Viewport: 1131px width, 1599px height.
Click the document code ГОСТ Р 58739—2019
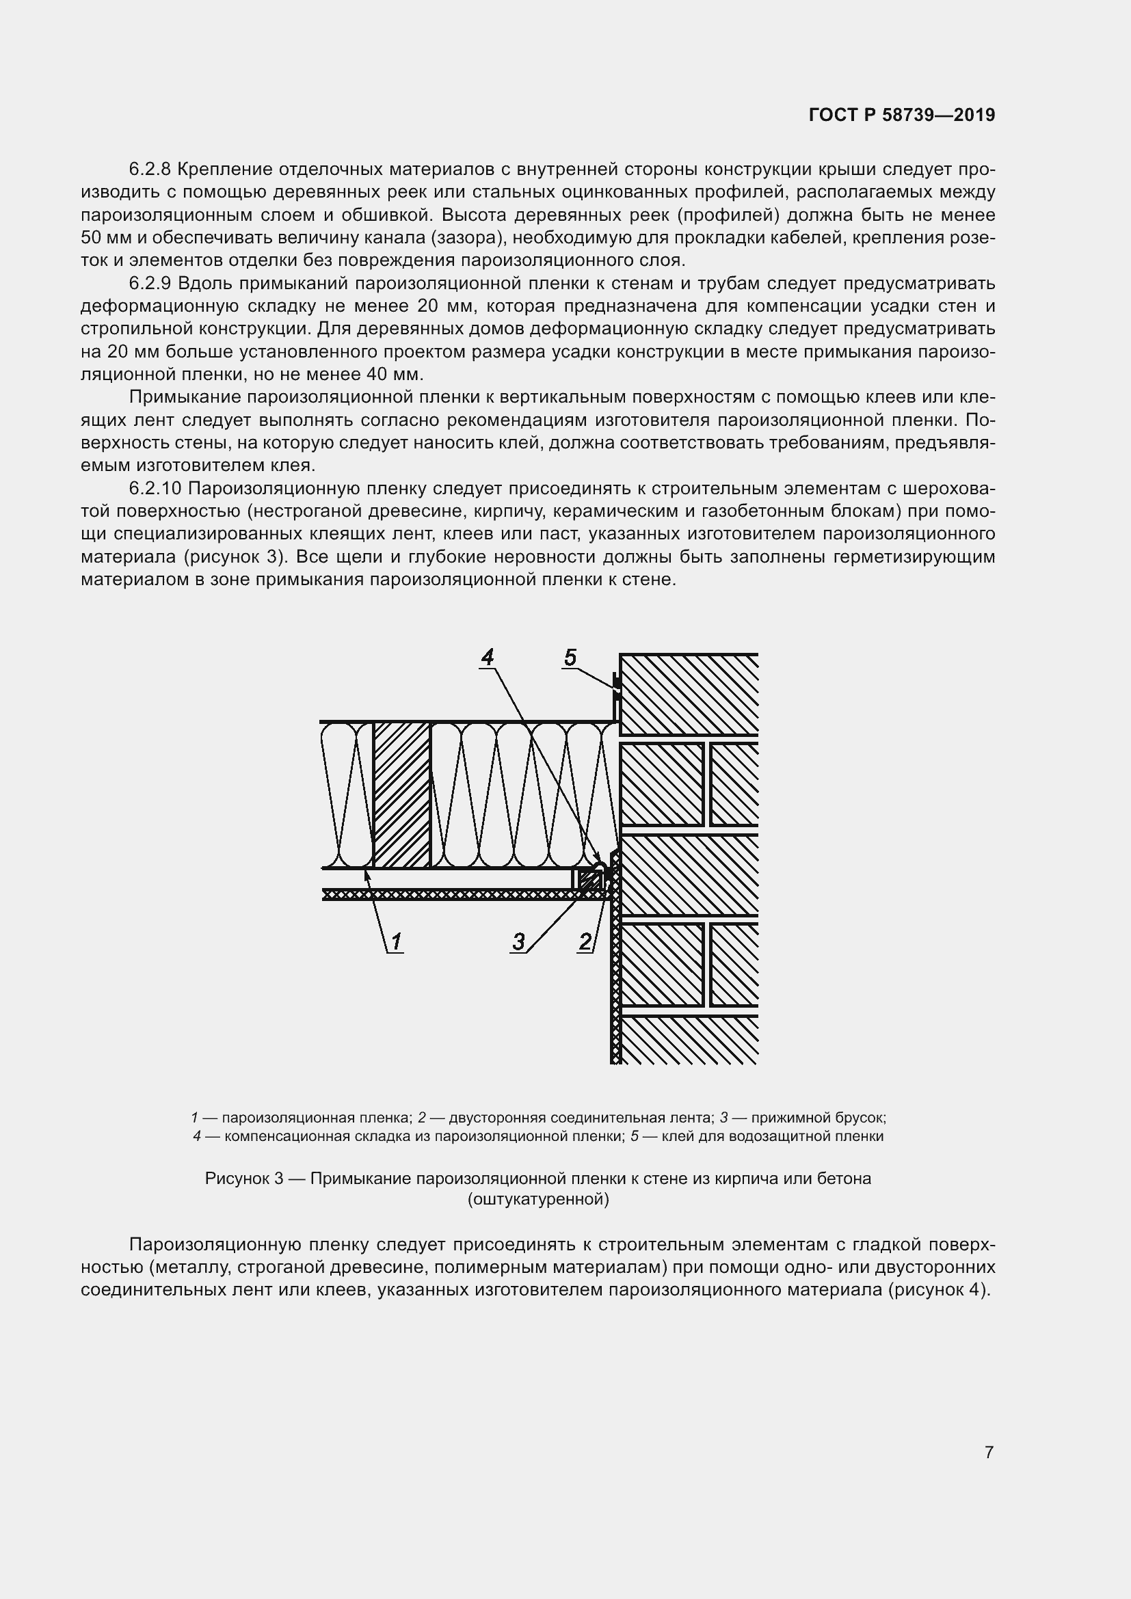click(x=902, y=116)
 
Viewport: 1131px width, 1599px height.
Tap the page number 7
click(x=989, y=1452)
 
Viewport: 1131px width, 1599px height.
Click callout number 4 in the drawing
click(x=488, y=657)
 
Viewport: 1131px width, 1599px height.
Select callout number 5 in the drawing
click(x=570, y=657)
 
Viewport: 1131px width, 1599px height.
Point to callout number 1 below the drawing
click(x=395, y=942)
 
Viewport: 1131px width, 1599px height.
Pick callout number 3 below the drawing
click(x=519, y=942)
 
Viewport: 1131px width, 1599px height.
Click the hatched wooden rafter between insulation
click(x=402, y=794)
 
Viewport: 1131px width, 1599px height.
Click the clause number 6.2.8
click(x=150, y=170)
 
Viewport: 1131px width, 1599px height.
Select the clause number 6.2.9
click(x=150, y=284)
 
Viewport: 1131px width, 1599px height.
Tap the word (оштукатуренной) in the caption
click(x=538, y=1199)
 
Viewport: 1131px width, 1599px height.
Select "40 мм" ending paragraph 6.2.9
click(x=392, y=375)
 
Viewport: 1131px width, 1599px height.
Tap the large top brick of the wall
click(x=688, y=695)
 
